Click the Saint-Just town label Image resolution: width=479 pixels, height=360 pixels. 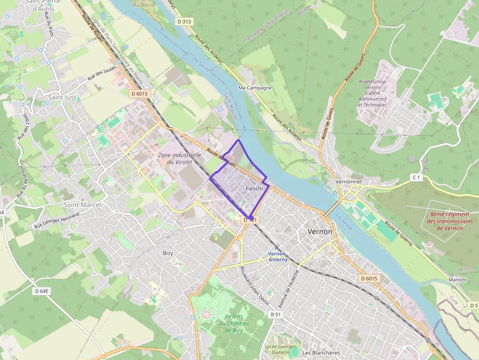point(62,97)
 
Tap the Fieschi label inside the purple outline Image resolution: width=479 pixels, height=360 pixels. point(254,189)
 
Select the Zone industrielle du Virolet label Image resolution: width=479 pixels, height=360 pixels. point(179,158)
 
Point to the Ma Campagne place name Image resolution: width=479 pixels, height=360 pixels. point(255,88)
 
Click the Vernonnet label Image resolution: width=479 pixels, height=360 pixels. point(349,181)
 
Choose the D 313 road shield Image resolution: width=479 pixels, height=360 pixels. point(184,21)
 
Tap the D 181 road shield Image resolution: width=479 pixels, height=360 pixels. point(250,220)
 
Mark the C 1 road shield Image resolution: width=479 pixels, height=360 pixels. point(416,177)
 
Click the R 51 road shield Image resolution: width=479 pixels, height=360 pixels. point(277,315)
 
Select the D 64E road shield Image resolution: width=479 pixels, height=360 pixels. point(42,291)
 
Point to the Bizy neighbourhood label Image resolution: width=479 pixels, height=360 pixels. point(168,253)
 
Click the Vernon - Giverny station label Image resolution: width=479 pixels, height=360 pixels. point(278,257)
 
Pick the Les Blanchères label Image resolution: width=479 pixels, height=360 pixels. point(321,353)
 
